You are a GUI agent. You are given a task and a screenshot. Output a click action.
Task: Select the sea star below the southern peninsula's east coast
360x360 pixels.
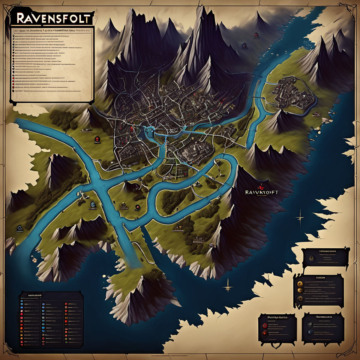point(228,288)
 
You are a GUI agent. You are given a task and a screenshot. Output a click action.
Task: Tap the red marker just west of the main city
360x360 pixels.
point(97,139)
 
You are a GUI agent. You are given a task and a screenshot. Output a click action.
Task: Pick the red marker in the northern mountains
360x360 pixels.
point(244,45)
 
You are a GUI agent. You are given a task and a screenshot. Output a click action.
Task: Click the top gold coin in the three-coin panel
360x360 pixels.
point(300,282)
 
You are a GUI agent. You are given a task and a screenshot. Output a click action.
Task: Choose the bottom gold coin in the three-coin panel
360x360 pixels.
point(300,299)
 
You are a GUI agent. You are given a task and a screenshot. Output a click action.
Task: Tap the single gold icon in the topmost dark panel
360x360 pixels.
point(311,258)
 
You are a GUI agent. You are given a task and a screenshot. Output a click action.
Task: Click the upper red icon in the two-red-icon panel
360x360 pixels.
point(265,325)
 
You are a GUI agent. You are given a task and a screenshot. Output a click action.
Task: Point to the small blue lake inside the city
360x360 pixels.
point(149,129)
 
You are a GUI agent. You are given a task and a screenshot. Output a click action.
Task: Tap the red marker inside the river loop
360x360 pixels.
point(138,207)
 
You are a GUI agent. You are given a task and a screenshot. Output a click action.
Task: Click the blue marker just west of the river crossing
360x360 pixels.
point(92,205)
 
